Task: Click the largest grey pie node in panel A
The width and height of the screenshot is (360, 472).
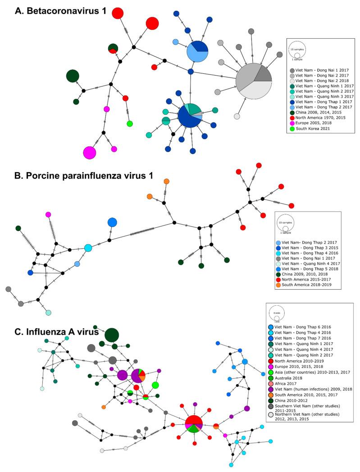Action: click(254, 82)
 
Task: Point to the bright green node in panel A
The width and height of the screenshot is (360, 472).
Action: click(130, 124)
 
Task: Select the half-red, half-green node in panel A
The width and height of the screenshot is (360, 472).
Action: click(113, 49)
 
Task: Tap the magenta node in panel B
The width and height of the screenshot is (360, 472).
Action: click(48, 214)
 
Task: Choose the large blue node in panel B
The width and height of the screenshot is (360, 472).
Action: click(112, 222)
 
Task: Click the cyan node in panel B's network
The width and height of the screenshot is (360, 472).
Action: click(88, 248)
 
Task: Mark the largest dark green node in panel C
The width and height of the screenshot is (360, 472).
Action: click(111, 335)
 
